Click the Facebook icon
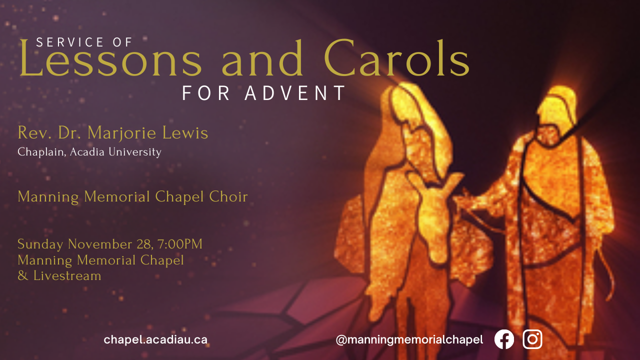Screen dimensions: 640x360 [x=504, y=339]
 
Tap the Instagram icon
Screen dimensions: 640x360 [x=532, y=339]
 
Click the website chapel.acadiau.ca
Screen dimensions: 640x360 [x=155, y=340]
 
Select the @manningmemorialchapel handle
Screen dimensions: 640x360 [x=409, y=340]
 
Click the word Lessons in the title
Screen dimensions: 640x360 [x=110, y=58]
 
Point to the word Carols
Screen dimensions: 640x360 [x=396, y=58]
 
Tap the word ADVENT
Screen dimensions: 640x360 [x=295, y=93]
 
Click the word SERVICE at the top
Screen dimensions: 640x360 [x=69, y=42]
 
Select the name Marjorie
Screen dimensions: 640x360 [x=121, y=133]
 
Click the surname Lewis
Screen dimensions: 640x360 [x=185, y=133]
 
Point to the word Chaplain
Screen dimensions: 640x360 [x=41, y=152]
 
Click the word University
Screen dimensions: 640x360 [x=135, y=152]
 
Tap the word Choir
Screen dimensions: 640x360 [x=228, y=196]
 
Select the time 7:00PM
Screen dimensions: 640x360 [x=180, y=244]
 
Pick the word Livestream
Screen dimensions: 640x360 [x=67, y=275]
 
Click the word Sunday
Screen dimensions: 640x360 [x=40, y=245]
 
